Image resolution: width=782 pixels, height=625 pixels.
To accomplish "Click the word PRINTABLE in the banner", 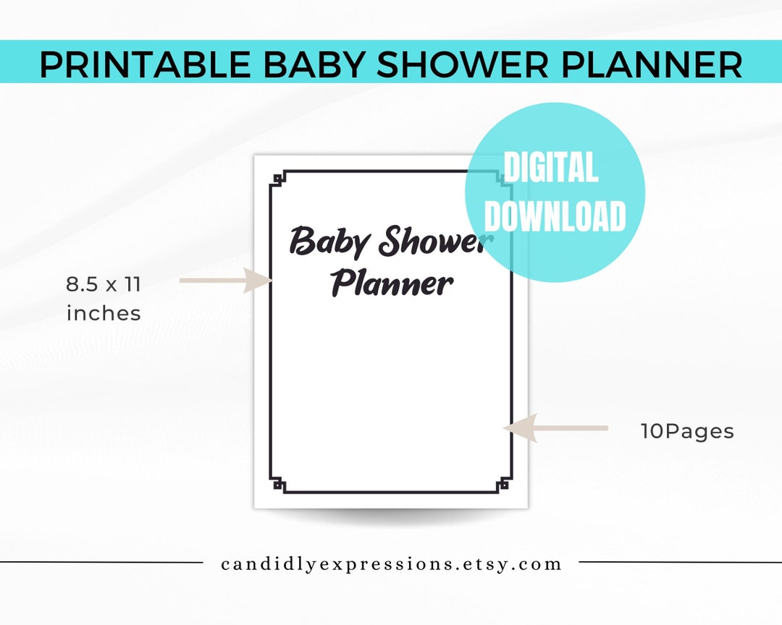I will (146, 64).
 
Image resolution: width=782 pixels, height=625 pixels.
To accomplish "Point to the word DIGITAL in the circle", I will (551, 169).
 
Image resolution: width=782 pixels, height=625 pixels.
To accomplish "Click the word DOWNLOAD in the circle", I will (555, 216).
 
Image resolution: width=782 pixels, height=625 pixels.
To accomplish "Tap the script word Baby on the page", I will (328, 242).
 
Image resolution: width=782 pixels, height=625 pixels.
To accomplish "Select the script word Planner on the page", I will (392, 283).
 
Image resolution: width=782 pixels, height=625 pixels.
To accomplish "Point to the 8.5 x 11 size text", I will (104, 284).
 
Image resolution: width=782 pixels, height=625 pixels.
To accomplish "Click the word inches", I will (104, 313).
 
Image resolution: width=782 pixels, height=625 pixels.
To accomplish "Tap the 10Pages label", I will (687, 432).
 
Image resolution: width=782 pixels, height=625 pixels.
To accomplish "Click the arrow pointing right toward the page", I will (224, 280).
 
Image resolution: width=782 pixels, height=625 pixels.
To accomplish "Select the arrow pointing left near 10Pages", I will (555, 428).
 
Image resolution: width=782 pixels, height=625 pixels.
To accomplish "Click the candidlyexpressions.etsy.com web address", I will (392, 564).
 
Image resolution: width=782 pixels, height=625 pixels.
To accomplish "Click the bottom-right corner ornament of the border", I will (504, 486).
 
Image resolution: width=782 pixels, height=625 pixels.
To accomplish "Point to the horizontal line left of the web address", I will (101, 562).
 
